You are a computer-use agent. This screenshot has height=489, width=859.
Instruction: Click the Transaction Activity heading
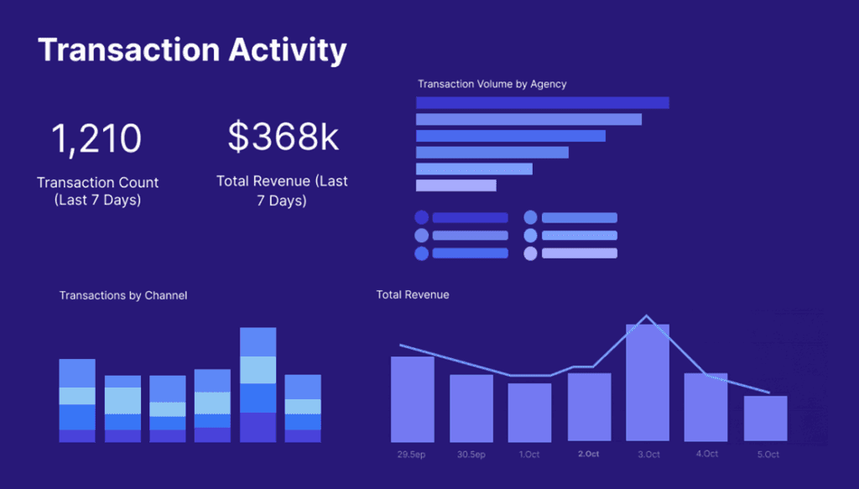pyautogui.click(x=192, y=50)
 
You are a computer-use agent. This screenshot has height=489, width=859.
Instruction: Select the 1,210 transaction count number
pyautogui.click(x=97, y=138)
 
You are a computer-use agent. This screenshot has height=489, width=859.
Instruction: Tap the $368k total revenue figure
pyautogui.click(x=284, y=138)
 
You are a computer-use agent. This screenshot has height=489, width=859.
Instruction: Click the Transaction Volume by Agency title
pyautogui.click(x=492, y=84)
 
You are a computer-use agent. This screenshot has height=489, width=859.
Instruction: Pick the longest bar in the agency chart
pyautogui.click(x=542, y=102)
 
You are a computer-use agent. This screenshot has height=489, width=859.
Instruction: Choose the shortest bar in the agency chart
pyautogui.click(x=456, y=185)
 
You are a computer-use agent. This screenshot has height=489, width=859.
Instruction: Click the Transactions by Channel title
pyautogui.click(x=123, y=295)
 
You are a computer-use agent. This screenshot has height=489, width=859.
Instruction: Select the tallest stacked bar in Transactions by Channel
pyautogui.click(x=258, y=384)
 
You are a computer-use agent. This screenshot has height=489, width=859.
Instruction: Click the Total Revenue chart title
pyautogui.click(x=413, y=294)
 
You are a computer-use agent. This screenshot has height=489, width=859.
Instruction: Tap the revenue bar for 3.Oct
pyautogui.click(x=647, y=382)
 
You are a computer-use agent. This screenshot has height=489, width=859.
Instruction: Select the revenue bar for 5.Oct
pyautogui.click(x=765, y=419)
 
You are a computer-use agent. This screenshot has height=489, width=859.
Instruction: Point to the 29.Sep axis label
pyautogui.click(x=412, y=455)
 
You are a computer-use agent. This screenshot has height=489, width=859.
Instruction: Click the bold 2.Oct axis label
pyautogui.click(x=588, y=455)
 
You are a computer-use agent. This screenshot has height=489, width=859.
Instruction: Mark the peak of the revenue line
pyautogui.click(x=646, y=316)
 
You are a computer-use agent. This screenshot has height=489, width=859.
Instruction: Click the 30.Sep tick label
pyautogui.click(x=471, y=455)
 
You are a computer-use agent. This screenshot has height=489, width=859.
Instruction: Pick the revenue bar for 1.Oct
pyautogui.click(x=529, y=413)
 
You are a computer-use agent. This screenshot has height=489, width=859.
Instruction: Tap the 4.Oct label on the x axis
pyautogui.click(x=705, y=455)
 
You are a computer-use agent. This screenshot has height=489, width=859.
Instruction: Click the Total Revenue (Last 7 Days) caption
pyautogui.click(x=282, y=191)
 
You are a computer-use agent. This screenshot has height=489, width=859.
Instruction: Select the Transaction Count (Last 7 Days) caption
pyautogui.click(x=97, y=191)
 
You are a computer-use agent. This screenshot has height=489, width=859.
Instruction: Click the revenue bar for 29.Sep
pyautogui.click(x=412, y=399)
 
